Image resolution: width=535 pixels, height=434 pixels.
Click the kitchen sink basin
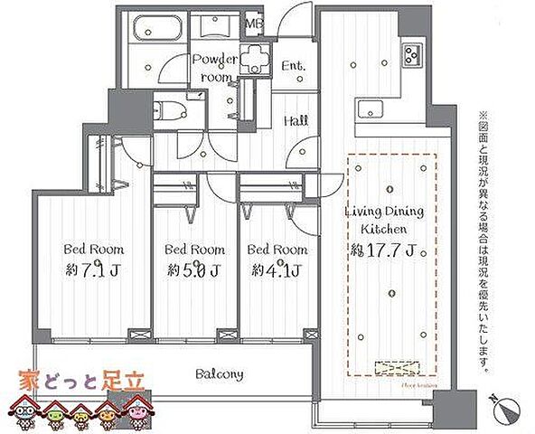click(371, 109)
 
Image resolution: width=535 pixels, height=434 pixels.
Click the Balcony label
click(221, 373)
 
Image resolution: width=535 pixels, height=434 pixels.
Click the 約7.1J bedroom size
click(93, 269)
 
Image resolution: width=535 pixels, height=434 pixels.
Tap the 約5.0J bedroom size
click(194, 269)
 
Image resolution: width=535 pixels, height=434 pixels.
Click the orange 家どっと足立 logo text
click(84, 381)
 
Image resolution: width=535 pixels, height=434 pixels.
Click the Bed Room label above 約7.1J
click(93, 248)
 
